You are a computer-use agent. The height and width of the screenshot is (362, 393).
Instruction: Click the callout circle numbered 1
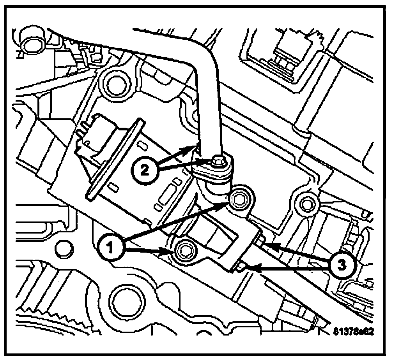111,247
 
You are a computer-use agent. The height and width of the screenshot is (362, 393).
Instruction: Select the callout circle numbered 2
144,170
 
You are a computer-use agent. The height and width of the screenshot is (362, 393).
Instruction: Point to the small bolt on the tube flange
217,160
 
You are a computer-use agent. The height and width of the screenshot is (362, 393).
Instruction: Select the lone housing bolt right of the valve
305,202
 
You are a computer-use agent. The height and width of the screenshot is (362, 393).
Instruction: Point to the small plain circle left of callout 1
61,247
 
